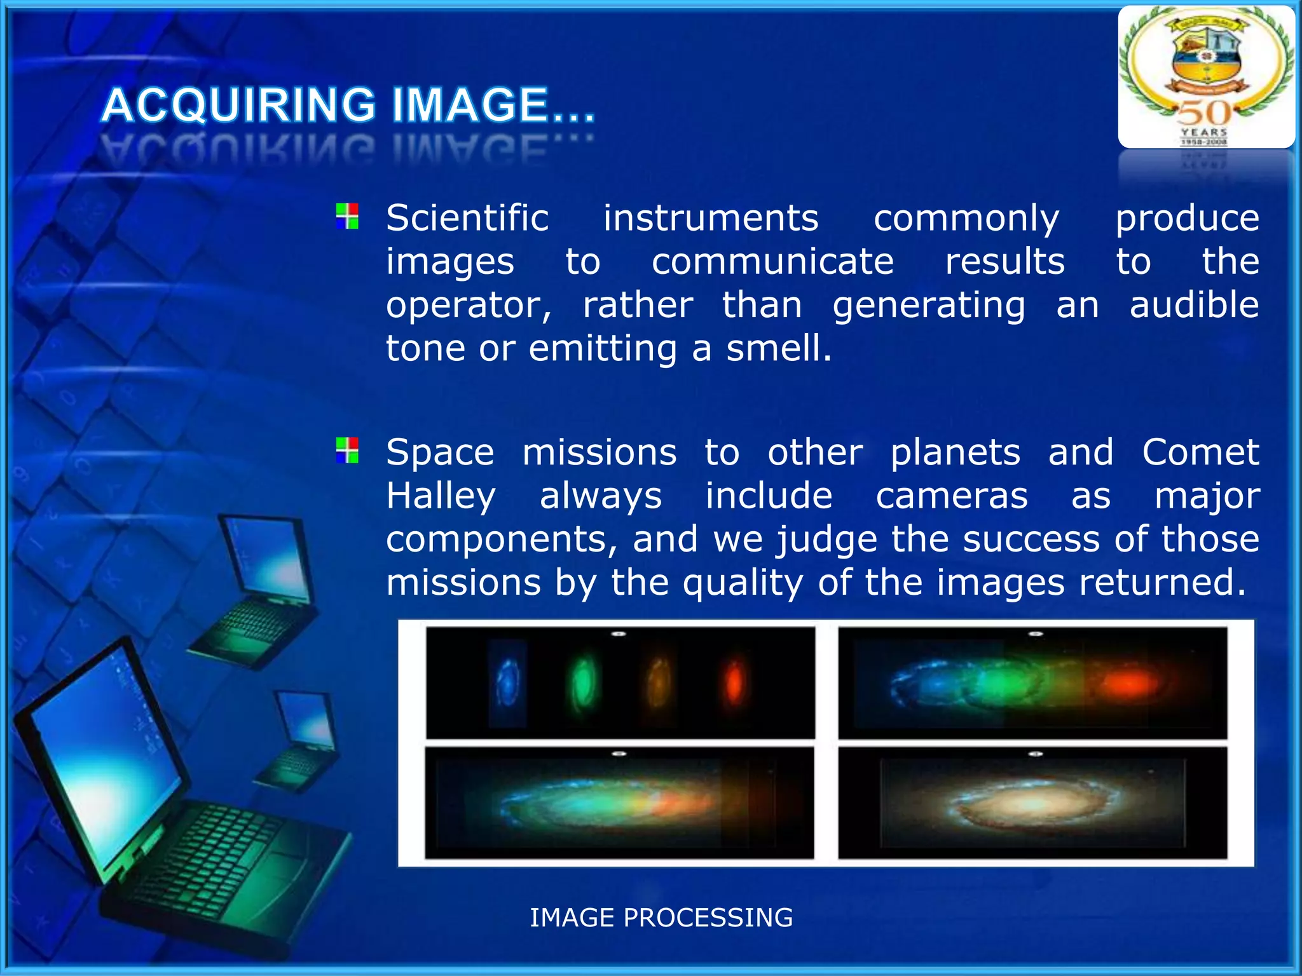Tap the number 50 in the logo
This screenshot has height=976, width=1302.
(1204, 113)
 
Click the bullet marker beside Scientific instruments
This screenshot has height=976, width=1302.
(347, 216)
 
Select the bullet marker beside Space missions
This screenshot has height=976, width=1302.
(347, 450)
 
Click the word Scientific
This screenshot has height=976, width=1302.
(467, 218)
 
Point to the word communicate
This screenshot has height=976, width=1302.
(772, 262)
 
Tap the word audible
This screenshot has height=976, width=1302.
(1194, 305)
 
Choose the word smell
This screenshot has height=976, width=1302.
(778, 349)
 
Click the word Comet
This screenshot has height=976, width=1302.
(1200, 452)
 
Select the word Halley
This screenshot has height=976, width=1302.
(441, 496)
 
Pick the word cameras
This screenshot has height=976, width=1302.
(951, 496)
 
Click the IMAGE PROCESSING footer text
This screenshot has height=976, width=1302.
(661, 918)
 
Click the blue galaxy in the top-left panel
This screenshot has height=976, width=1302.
(509, 682)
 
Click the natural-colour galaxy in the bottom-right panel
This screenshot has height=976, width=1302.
(1033, 804)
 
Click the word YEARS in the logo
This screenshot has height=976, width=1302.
(1204, 132)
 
